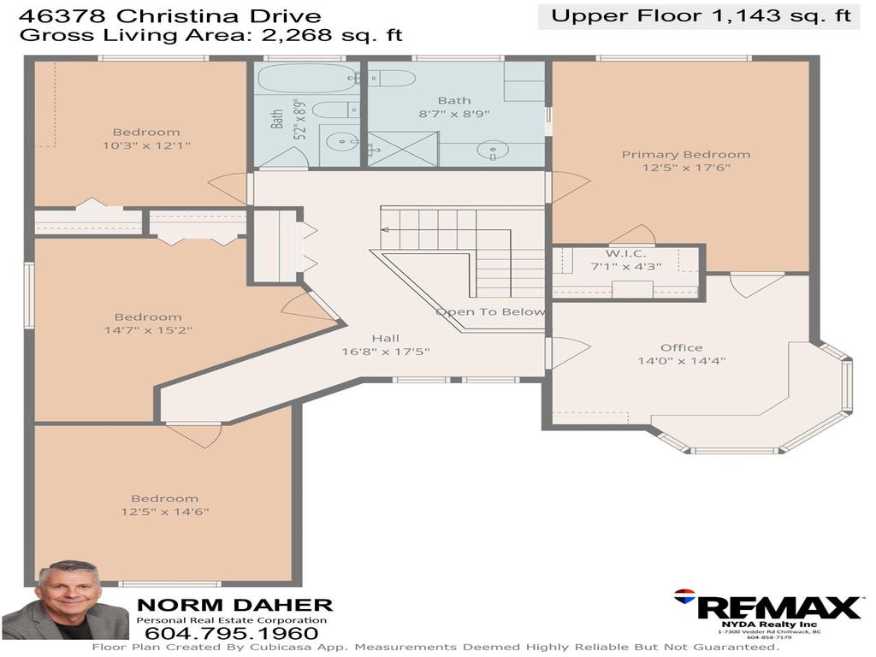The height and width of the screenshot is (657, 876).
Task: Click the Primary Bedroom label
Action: click(685, 155)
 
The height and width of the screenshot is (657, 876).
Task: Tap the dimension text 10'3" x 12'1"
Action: click(146, 145)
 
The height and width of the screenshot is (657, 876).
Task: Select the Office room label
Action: click(681, 347)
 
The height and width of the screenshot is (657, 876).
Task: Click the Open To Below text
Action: click(490, 311)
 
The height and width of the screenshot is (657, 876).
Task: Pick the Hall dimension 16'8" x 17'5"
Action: click(385, 352)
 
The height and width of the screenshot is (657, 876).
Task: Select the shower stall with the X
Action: click(403, 148)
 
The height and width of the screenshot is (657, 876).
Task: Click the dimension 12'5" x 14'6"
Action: click(164, 512)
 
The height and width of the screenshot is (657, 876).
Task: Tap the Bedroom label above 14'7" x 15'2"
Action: click(147, 317)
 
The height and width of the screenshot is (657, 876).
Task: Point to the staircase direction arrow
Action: click(385, 229)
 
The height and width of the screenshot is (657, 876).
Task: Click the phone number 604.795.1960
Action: click(232, 634)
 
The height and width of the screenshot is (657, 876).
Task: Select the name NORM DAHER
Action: click(234, 605)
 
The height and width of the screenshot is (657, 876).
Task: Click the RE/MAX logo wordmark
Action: click(778, 607)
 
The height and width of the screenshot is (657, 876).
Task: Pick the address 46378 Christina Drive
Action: click(170, 15)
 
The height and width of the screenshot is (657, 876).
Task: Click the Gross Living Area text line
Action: click(210, 35)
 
